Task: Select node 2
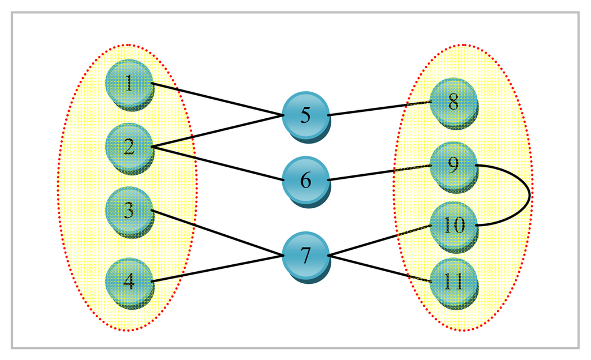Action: coord(129,147)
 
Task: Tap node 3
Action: coord(129,211)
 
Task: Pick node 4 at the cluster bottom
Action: coord(129,282)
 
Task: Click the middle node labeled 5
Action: coord(306,115)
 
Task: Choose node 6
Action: coord(306,180)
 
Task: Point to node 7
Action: coord(306,255)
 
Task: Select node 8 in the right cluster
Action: coord(454,102)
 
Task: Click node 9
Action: coord(454,166)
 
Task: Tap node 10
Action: coord(454,225)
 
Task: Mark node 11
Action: coord(454,282)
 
